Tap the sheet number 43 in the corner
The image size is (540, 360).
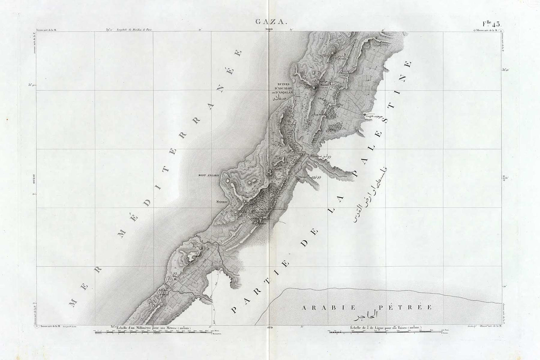490,24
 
